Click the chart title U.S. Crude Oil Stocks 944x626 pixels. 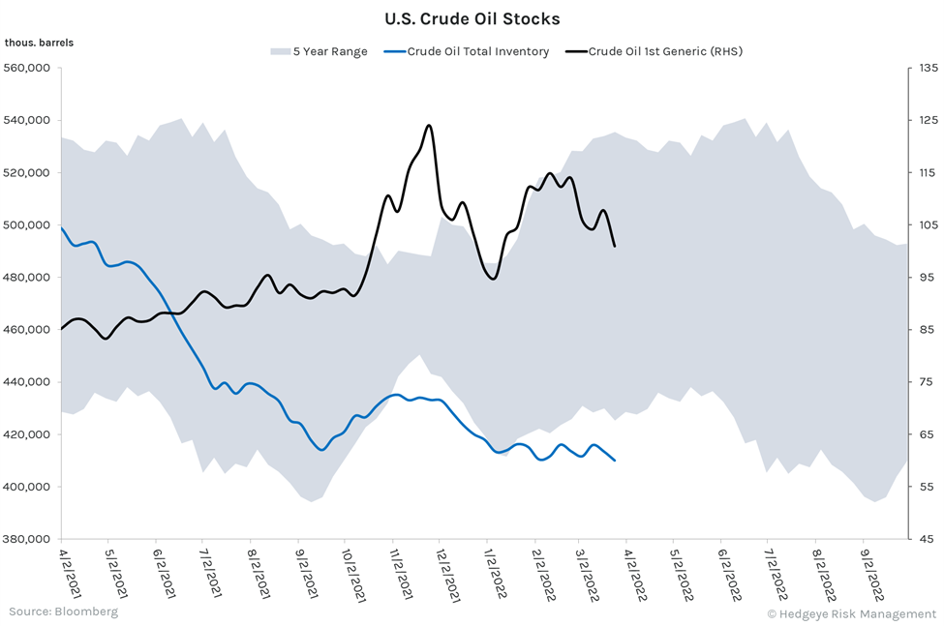click(472, 18)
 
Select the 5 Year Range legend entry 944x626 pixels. click(319, 51)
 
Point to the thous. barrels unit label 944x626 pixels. click(39, 43)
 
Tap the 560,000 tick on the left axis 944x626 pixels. click(29, 69)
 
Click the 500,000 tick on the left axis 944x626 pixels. click(29, 225)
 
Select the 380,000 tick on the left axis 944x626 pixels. click(29, 539)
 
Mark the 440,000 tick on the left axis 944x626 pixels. click(29, 382)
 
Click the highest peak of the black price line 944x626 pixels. click(428, 125)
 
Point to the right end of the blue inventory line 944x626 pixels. click(615, 460)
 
